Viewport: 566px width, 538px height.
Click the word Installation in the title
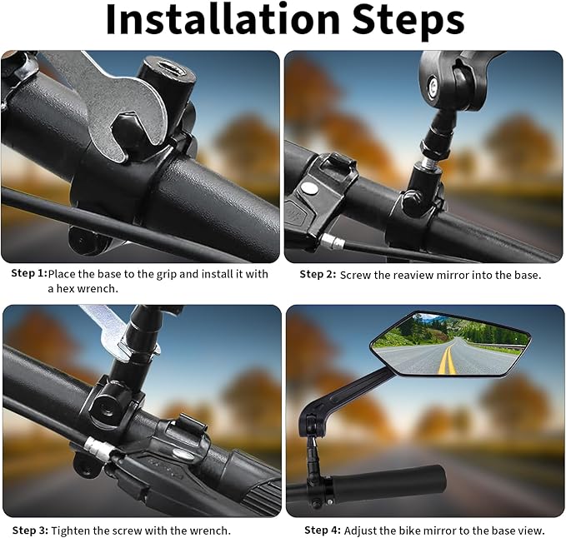[223, 19]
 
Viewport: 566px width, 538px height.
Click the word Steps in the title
[408, 22]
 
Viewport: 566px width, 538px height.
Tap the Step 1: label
[29, 273]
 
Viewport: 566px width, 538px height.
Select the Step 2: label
[318, 274]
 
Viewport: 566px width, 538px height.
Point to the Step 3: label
[30, 530]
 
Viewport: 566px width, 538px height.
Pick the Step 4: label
[323, 530]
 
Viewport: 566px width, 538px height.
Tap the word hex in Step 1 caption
[65, 289]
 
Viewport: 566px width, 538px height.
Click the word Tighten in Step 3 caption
[70, 531]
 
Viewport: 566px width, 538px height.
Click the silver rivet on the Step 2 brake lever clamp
[309, 187]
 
